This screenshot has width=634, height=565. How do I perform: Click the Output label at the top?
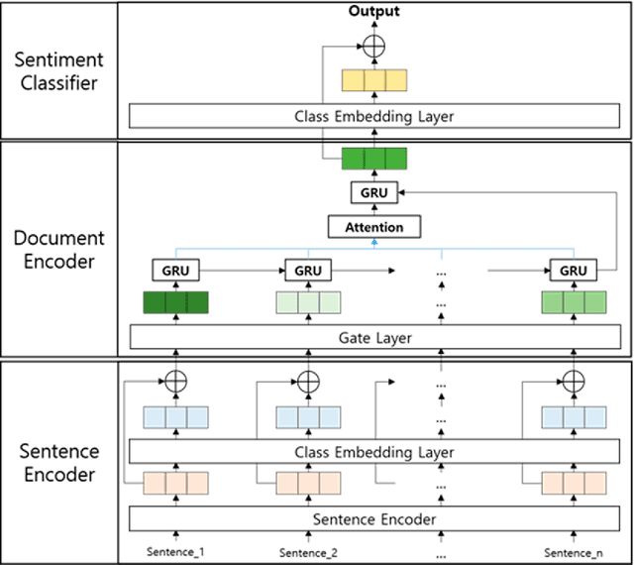372,11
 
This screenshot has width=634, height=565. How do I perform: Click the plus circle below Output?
373,46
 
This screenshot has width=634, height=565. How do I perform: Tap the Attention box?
373,227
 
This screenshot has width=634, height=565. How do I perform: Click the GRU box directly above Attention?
373,192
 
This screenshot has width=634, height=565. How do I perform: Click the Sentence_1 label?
177,552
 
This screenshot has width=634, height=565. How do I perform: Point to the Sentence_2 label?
308,552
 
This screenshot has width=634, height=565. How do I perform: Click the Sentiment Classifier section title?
58,69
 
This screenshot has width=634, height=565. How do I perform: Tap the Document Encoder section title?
58,249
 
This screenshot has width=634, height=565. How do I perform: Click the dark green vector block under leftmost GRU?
176,303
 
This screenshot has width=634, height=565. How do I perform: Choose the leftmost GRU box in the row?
176,270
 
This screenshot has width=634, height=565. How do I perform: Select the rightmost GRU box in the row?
573,270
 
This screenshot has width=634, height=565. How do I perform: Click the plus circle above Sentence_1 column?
176,381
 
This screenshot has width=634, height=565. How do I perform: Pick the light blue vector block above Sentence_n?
573,417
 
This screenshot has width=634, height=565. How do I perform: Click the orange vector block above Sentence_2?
308,484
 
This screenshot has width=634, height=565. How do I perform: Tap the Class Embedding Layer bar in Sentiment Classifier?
374,116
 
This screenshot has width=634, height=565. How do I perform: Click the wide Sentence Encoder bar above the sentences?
374,518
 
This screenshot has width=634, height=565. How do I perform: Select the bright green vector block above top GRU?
374,159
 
